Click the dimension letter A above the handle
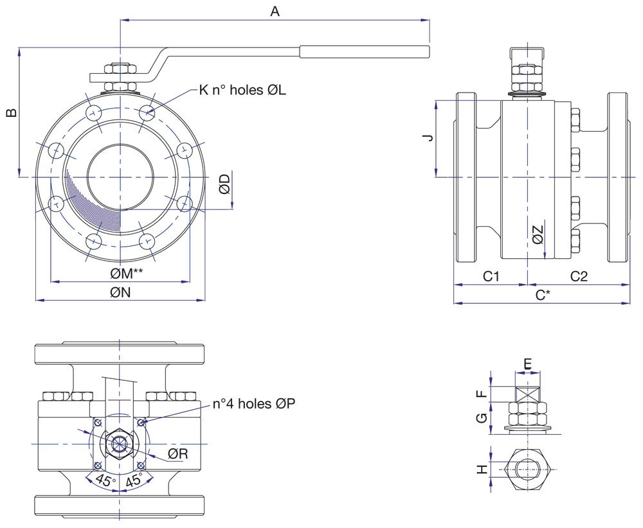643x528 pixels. [x=275, y=11]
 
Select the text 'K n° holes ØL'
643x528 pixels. [x=242, y=90]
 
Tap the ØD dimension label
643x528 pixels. [x=224, y=184]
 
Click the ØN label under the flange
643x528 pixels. [x=120, y=292]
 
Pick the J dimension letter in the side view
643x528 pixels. [x=428, y=137]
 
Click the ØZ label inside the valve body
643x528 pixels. [x=538, y=234]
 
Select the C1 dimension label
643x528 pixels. [x=491, y=276]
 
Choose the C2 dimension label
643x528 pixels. [x=579, y=276]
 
